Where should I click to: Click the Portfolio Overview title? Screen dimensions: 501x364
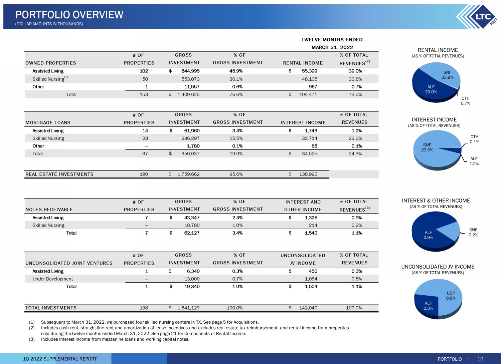pos(69,15)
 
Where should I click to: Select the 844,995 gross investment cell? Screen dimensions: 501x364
pos(190,71)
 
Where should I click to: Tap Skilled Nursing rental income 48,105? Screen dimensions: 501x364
pos(309,79)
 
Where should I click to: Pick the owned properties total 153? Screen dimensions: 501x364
pos(144,94)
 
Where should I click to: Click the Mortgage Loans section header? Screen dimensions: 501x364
pos(48,122)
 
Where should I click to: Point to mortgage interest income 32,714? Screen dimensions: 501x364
pos(309,138)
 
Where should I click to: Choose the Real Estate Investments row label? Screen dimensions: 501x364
pos(59,174)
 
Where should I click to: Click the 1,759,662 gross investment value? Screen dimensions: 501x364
pos(188,174)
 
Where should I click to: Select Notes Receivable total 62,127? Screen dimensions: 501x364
pos(192,233)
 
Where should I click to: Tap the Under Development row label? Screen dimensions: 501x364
pos(52,279)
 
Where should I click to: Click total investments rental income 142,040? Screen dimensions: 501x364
pos(308,308)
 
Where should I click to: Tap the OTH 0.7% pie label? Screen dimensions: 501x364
pos(466,101)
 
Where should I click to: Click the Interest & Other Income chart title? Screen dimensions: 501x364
pos(436,201)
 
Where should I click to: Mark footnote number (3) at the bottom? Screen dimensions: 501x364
pos(32,339)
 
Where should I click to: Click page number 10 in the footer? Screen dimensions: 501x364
pos(480,359)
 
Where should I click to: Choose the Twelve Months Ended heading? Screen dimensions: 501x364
pos(332,40)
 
